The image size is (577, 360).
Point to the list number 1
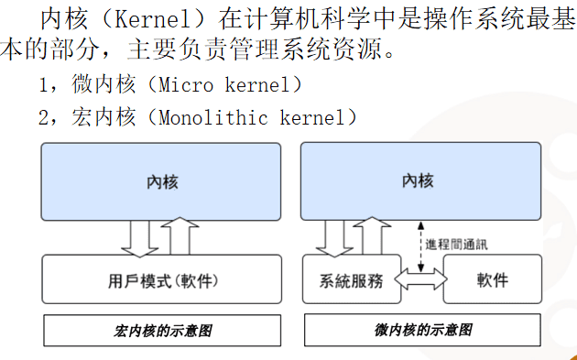point(43,85)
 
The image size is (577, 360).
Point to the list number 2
point(43,117)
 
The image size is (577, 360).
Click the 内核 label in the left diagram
point(162,181)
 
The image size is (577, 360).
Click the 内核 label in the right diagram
point(418,180)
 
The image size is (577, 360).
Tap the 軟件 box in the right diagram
point(492,279)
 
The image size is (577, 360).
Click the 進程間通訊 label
point(457,245)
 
